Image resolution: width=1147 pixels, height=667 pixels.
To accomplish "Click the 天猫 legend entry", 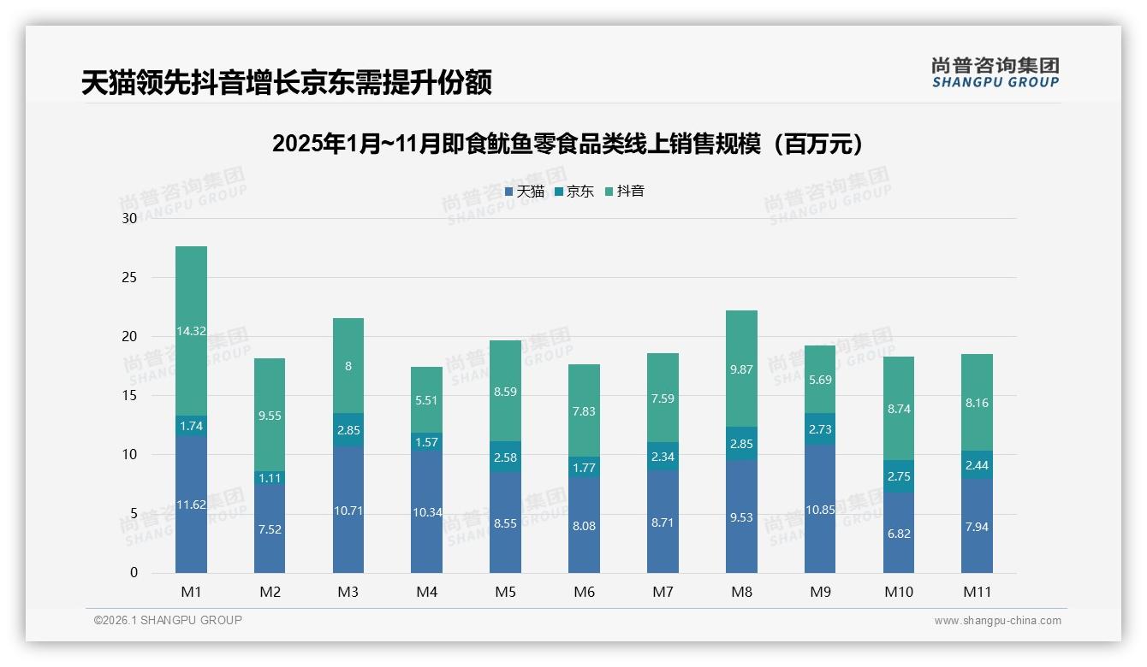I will [x=524, y=192].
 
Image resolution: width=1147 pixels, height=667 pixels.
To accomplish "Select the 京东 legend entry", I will [x=574, y=192].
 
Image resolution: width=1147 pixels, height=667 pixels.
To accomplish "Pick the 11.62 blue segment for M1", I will [x=191, y=505].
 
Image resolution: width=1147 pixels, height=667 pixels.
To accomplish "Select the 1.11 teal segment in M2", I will [x=270, y=478].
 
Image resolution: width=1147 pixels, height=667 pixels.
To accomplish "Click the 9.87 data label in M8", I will [x=741, y=369].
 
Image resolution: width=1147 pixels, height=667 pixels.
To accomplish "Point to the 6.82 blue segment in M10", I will [x=899, y=532].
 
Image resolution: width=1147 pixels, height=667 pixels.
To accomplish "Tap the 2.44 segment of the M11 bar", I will [x=977, y=465].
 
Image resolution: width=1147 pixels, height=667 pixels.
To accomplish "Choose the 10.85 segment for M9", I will [x=820, y=509].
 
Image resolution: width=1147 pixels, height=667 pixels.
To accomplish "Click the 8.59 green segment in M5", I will [x=505, y=392].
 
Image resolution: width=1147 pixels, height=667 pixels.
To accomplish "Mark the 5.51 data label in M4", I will [x=426, y=399].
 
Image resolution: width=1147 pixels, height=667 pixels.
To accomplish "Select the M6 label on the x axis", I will [x=584, y=592].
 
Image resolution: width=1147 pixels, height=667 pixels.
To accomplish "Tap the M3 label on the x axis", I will [x=348, y=592].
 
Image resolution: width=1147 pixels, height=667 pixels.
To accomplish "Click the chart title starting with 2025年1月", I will [x=572, y=144].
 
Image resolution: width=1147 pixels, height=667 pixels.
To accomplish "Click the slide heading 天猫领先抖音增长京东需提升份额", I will [x=286, y=83].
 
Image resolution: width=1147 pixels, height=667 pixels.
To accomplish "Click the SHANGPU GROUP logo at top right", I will [x=995, y=73].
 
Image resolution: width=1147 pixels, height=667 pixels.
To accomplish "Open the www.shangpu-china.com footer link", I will [x=997, y=621].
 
